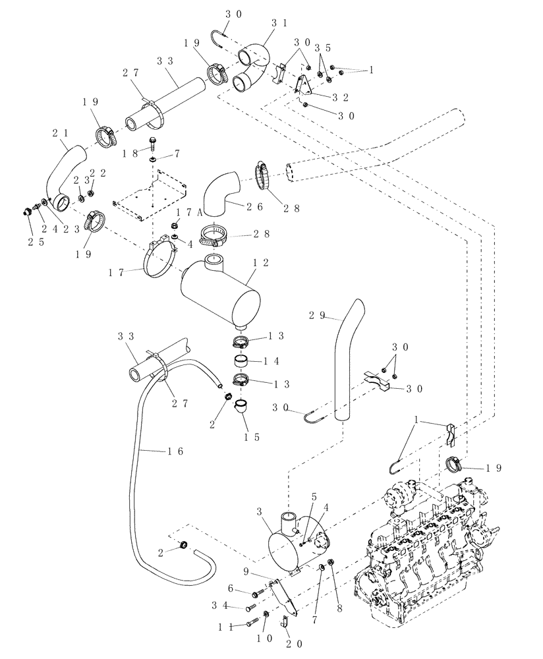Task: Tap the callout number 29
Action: [x=317, y=315]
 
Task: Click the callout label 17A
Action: [x=184, y=212]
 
